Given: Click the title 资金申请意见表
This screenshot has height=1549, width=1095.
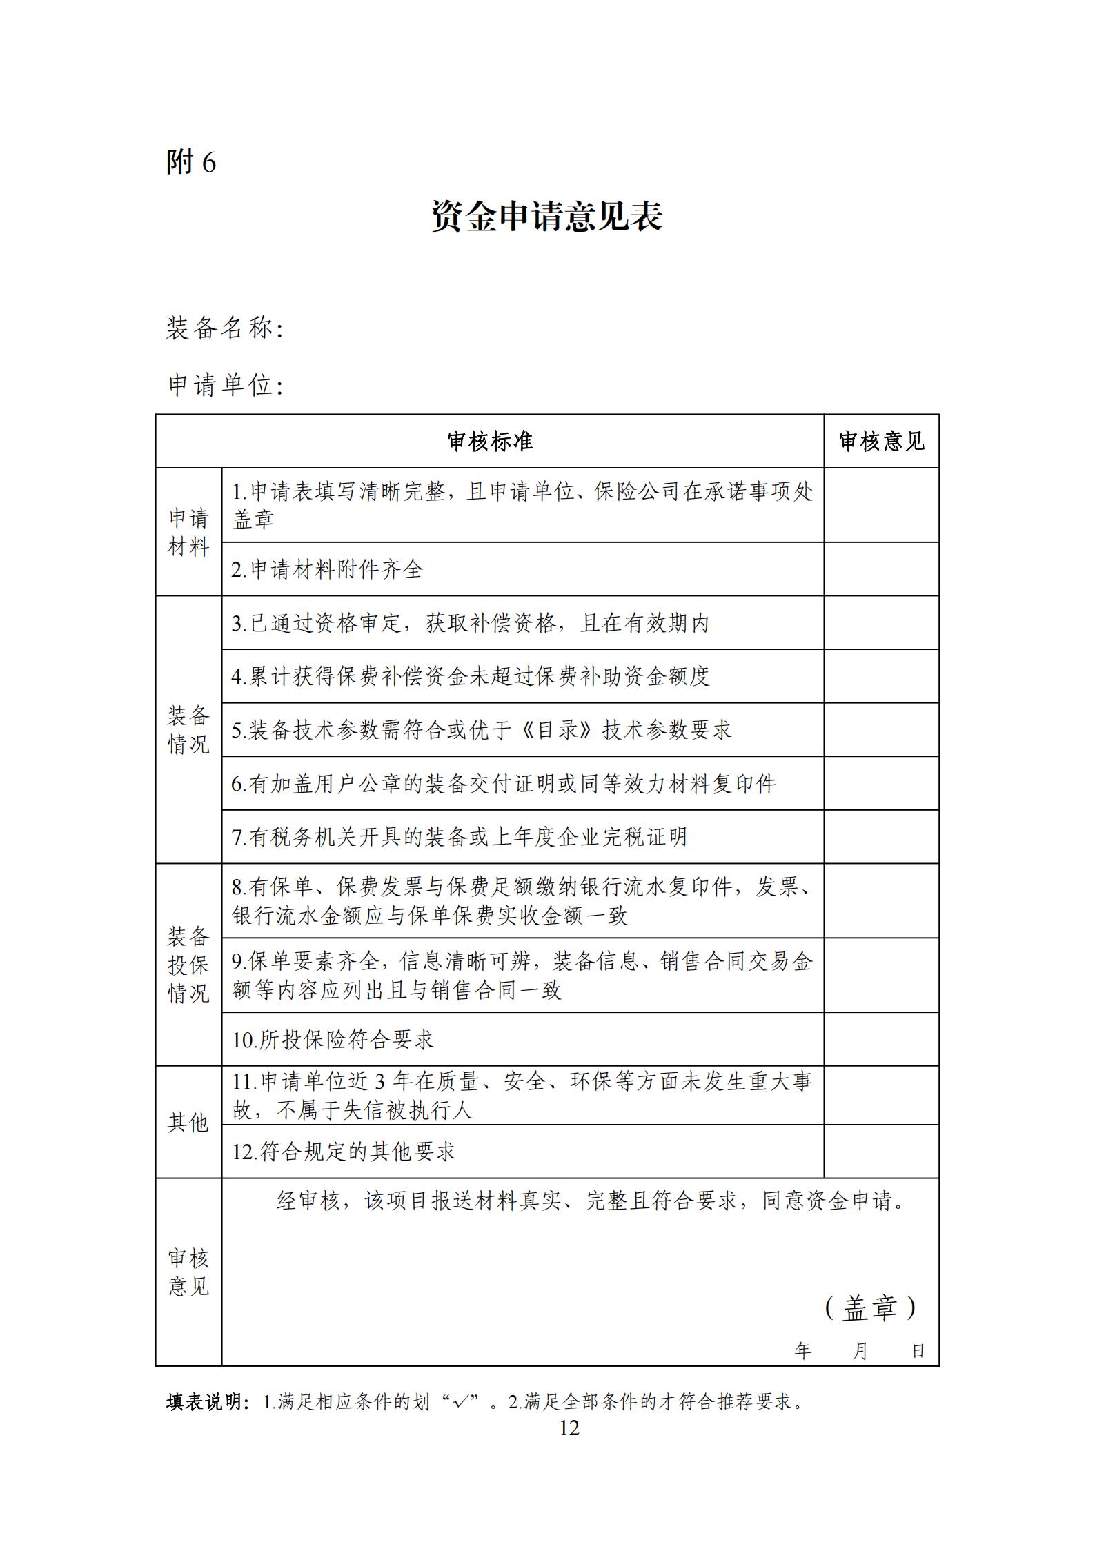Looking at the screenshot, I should (546, 217).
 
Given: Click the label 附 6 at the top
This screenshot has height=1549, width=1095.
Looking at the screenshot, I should (191, 162).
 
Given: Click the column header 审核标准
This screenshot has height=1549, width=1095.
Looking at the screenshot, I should (489, 442).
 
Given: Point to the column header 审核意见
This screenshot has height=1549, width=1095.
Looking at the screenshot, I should (881, 442).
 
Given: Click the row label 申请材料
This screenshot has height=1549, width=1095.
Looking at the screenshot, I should (188, 532).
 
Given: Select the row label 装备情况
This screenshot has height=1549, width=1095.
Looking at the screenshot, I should (188, 729).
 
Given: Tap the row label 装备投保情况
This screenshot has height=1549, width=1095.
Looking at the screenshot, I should (188, 965).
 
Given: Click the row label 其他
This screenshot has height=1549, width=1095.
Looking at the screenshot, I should (188, 1122).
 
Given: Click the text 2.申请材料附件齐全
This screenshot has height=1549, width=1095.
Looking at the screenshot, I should (327, 569).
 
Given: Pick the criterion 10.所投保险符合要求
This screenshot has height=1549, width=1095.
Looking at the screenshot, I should (333, 1040).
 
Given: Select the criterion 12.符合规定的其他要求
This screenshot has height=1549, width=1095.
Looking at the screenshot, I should (344, 1151).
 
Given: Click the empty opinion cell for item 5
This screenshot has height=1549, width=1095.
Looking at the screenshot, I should (881, 729).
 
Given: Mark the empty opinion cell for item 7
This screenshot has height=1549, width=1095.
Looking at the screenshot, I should (881, 836).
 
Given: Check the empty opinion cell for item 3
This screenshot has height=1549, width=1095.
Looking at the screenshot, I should (881, 622).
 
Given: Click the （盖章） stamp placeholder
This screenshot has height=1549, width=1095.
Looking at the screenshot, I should (870, 1308).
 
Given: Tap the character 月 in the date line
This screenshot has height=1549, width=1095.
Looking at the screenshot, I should (860, 1351).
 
